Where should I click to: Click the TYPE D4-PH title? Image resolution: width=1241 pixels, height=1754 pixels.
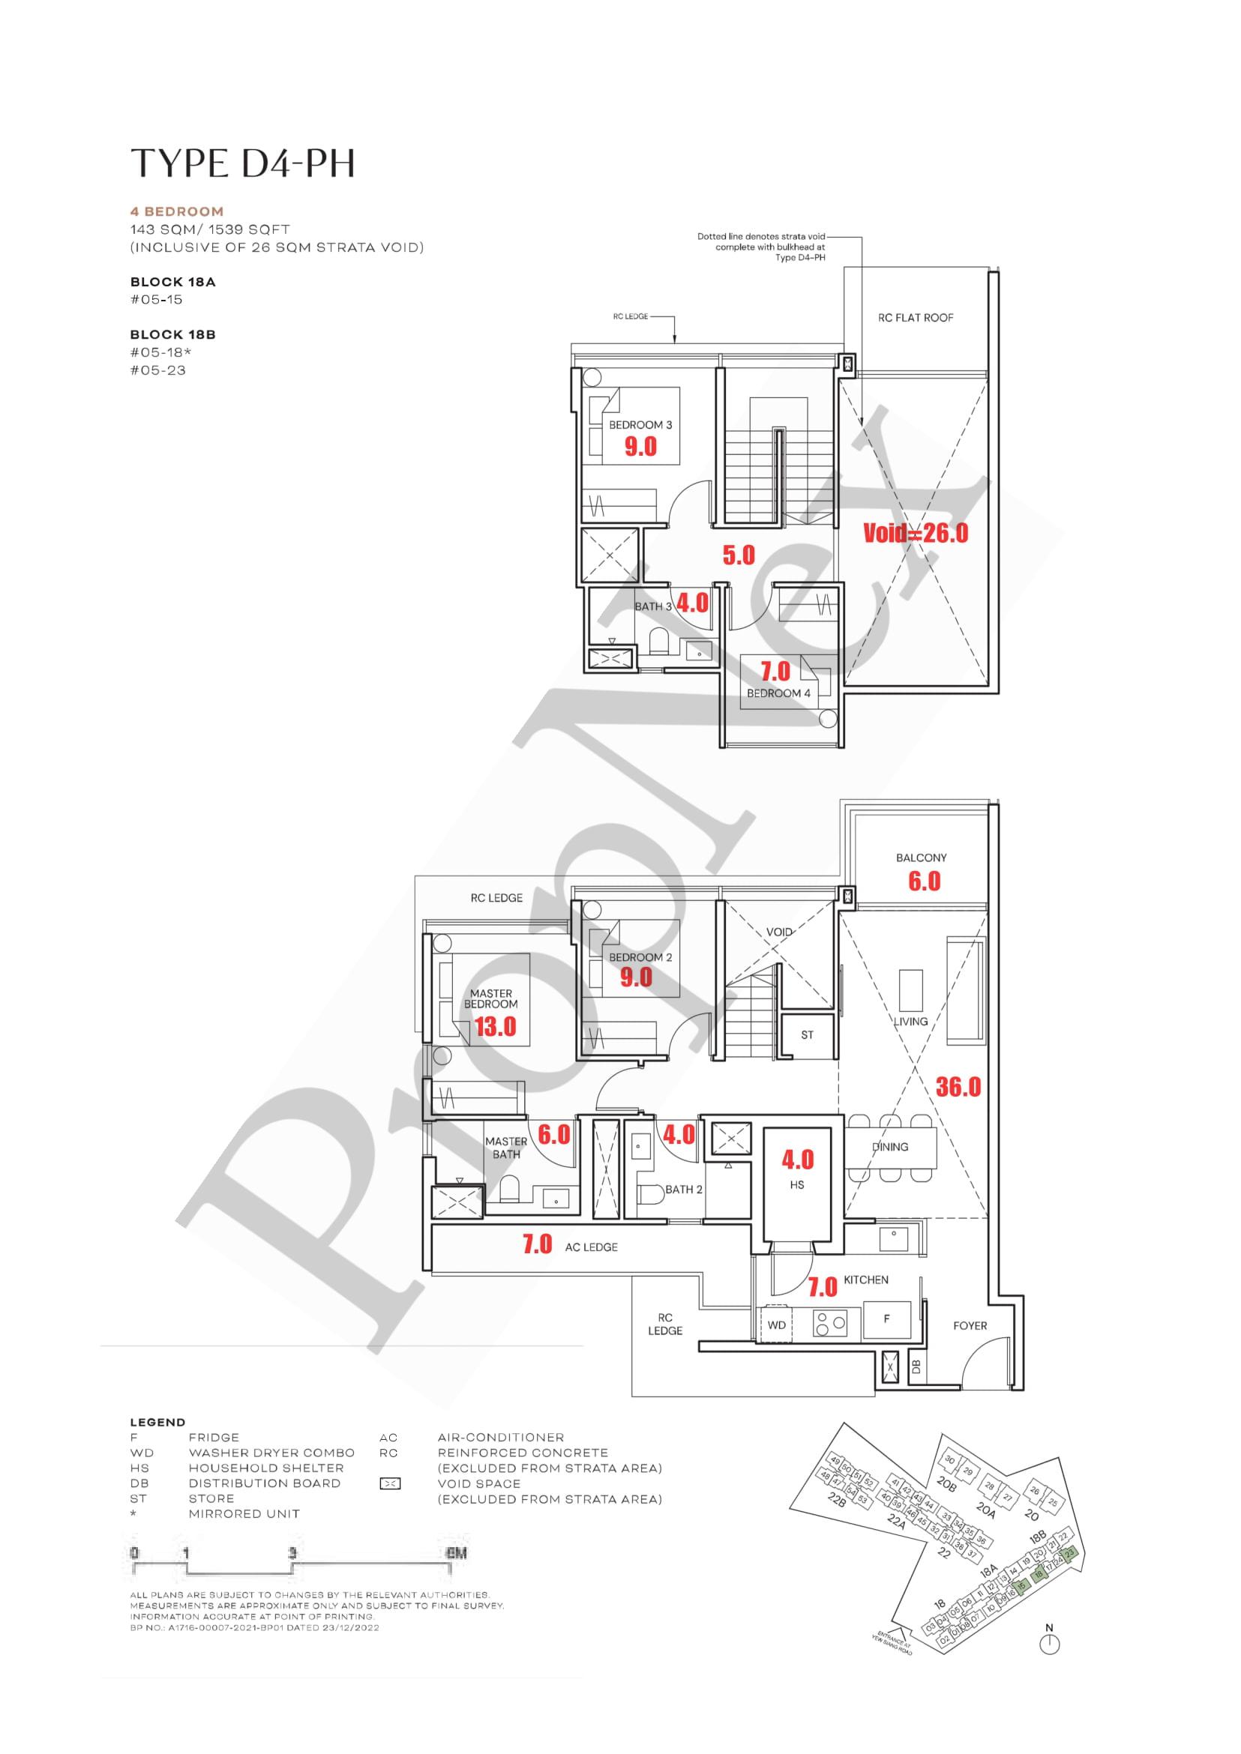pyautogui.click(x=243, y=164)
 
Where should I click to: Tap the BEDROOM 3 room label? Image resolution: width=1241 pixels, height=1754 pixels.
pyautogui.click(x=640, y=425)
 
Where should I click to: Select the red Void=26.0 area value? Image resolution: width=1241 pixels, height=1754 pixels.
pyautogui.click(x=916, y=533)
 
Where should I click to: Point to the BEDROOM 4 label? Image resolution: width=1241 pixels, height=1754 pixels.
pyautogui.click(x=778, y=693)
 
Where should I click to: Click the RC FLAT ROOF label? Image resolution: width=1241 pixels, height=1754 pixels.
pyautogui.click(x=916, y=318)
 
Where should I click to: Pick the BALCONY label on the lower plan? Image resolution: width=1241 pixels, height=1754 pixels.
pyautogui.click(x=921, y=858)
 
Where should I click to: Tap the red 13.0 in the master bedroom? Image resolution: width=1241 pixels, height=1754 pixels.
pyautogui.click(x=495, y=1027)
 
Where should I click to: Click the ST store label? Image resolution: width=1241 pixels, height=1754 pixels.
pyautogui.click(x=807, y=1035)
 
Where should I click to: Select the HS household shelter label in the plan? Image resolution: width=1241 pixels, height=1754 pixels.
pyautogui.click(x=797, y=1185)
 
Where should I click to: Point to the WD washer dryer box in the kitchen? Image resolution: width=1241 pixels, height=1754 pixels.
pyautogui.click(x=776, y=1325)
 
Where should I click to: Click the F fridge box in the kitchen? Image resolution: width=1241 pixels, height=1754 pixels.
pyautogui.click(x=886, y=1318)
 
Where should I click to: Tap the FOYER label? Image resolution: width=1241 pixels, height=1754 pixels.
pyautogui.click(x=970, y=1325)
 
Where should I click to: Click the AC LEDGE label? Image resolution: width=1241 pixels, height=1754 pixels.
pyautogui.click(x=591, y=1247)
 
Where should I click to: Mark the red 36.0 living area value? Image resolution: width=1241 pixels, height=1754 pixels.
pyautogui.click(x=958, y=1086)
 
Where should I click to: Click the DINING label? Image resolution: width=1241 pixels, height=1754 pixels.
pyautogui.click(x=889, y=1147)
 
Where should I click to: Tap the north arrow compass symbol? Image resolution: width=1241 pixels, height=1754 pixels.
pyautogui.click(x=1050, y=1643)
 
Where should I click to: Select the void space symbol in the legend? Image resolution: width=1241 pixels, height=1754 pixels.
pyautogui.click(x=390, y=1483)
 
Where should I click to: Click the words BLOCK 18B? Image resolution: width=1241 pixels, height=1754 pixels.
pyautogui.click(x=172, y=334)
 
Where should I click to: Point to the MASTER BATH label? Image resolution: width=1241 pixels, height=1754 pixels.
pyautogui.click(x=506, y=1148)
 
